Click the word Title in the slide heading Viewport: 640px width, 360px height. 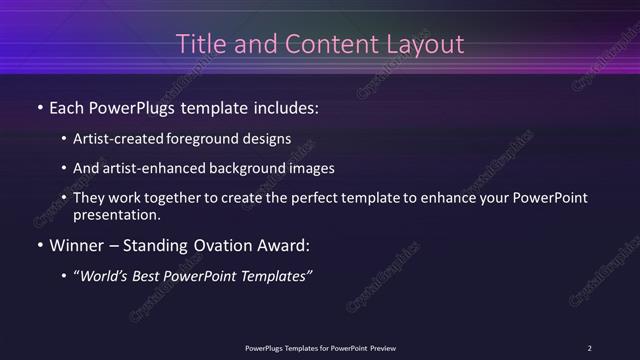[198, 44]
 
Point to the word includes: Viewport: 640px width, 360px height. [286, 106]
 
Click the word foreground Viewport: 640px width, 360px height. [212, 138]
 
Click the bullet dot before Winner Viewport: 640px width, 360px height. [40, 246]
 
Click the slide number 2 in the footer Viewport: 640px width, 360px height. [589, 348]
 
